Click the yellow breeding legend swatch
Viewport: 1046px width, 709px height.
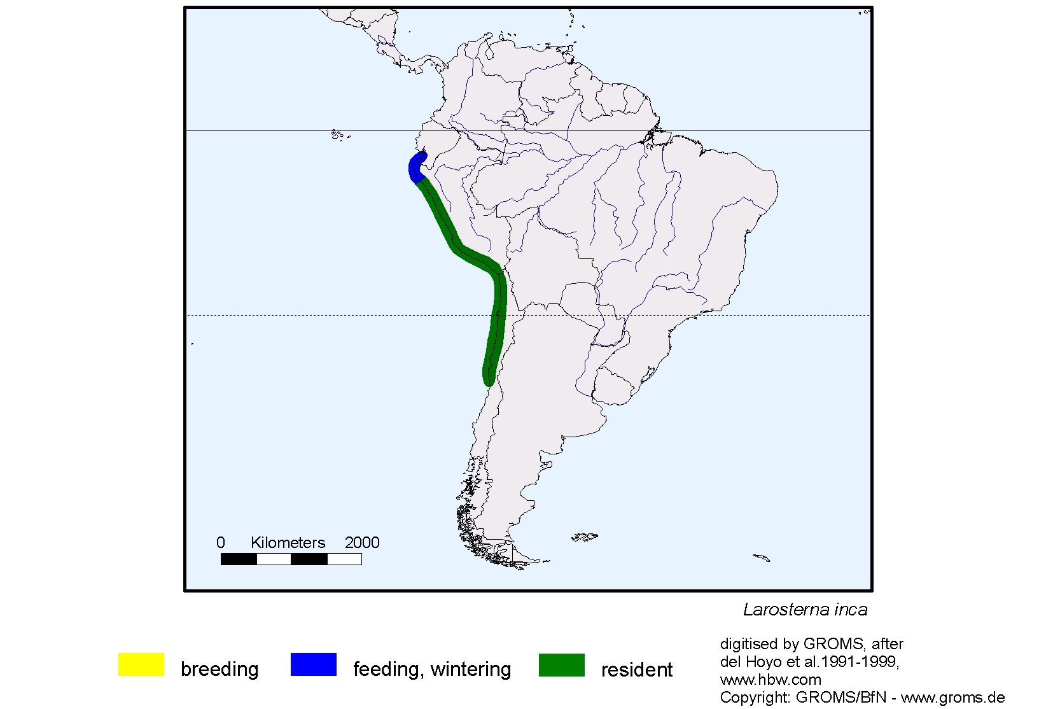[141, 664]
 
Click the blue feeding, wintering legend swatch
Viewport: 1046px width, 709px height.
[313, 664]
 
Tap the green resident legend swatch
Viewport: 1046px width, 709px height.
[561, 664]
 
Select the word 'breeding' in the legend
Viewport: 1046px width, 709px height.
[220, 670]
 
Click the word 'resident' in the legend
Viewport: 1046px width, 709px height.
[636, 670]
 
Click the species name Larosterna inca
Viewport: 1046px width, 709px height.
[805, 610]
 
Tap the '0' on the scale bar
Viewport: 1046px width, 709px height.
[221, 543]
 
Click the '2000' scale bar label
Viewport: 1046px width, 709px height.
[362, 543]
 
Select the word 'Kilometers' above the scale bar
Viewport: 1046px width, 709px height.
[288, 543]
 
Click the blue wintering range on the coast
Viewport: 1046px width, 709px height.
[415, 167]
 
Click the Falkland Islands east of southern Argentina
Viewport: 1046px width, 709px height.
[584, 538]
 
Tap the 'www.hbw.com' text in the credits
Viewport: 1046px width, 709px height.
[771, 680]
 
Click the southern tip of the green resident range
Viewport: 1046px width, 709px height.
[488, 382]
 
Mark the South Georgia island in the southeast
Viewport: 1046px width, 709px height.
[762, 558]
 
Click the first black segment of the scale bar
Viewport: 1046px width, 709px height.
[239, 559]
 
